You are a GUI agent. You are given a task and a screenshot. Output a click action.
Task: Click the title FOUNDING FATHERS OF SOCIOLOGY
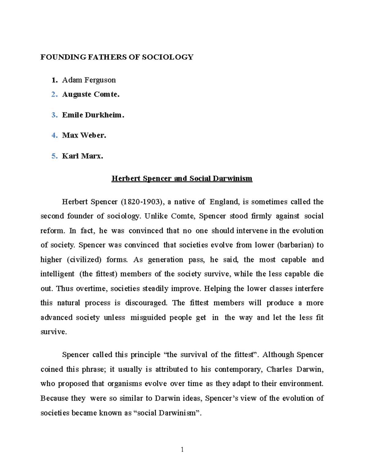pyautogui.click(x=117, y=57)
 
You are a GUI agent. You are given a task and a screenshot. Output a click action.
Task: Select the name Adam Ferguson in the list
pyautogui.click(x=89, y=80)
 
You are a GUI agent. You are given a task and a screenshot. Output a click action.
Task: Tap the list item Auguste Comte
pyautogui.click(x=91, y=95)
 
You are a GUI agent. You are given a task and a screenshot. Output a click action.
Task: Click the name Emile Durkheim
pyautogui.click(x=93, y=115)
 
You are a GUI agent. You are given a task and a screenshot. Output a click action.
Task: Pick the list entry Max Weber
pyautogui.click(x=84, y=135)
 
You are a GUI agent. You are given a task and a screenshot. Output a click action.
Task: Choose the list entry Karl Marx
pyautogui.click(x=82, y=156)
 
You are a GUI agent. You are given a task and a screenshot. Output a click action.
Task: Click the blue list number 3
pyautogui.click(x=54, y=115)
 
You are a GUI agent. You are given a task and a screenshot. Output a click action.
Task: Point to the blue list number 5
pyautogui.click(x=54, y=156)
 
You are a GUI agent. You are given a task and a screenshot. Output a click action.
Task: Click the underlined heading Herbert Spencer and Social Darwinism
pyautogui.click(x=182, y=179)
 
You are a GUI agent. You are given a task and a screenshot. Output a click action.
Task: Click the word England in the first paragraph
pyautogui.click(x=224, y=202)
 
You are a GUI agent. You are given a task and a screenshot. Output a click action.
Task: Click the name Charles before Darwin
pyautogui.click(x=279, y=369)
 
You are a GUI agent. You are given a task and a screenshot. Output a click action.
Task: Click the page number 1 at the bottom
pyautogui.click(x=182, y=450)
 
